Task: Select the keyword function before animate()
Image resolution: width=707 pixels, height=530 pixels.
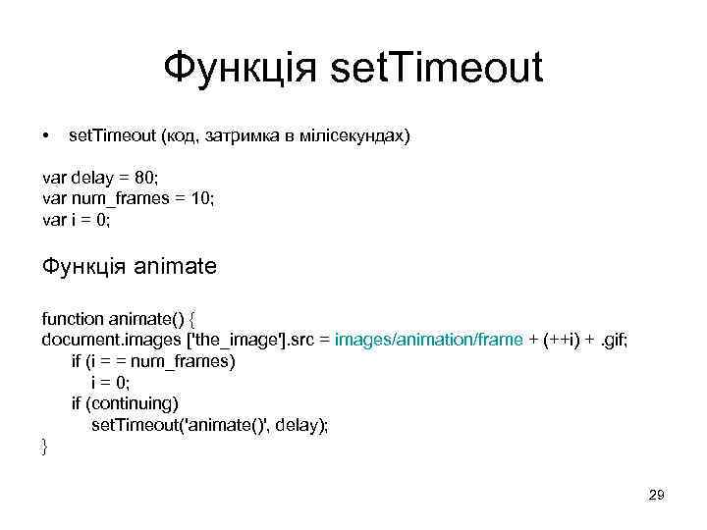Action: pos(72,319)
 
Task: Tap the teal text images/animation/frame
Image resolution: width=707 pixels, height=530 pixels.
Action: pos(428,340)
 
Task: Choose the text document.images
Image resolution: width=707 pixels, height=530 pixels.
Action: pos(105,340)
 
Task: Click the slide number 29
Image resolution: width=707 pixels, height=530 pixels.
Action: pos(656,497)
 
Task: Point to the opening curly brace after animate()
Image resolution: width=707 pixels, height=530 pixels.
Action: pos(192,319)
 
